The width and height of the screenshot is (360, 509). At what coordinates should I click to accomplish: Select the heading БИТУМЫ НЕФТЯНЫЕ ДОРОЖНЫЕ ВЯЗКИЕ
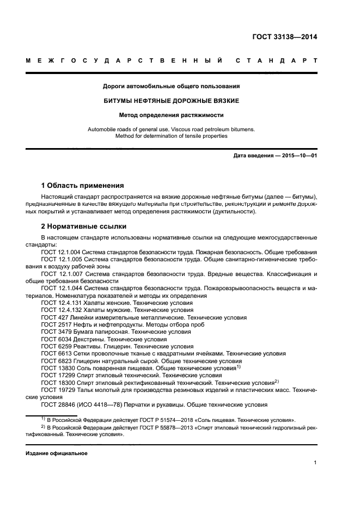click(172, 101)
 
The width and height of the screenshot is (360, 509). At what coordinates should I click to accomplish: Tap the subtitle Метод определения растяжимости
click(172, 115)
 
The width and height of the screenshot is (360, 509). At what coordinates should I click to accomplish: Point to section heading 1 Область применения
click(82, 185)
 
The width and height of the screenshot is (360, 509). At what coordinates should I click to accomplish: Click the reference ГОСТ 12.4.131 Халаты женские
click(117, 302)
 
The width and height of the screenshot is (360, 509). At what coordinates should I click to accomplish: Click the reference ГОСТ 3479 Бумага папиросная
click(115, 332)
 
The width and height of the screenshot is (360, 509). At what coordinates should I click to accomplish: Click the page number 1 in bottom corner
click(315, 463)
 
